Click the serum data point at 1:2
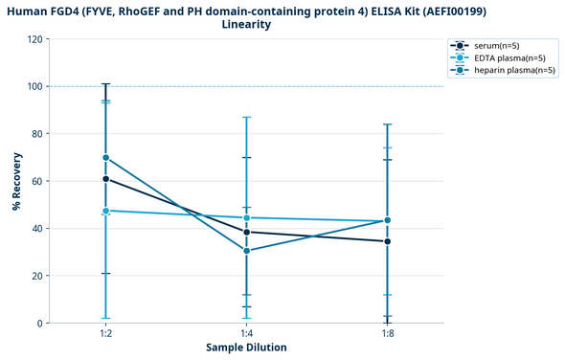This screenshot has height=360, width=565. pos(105,179)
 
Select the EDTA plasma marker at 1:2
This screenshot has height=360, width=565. pos(105,211)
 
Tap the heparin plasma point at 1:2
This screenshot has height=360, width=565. pos(105,158)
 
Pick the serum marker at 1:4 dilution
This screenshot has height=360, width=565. pos(246,232)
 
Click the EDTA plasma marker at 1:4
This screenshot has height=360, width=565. pos(246,217)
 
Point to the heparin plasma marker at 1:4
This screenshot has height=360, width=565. pos(246,251)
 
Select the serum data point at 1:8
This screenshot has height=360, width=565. pos(387,241)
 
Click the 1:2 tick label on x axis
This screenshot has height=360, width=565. pos(105,333)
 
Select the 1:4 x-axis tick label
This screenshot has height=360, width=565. pos(246,333)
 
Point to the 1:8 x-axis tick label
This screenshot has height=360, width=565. pos(387,333)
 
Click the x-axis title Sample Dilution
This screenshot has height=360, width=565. pos(246,348)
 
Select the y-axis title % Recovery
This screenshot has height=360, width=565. pos(16,181)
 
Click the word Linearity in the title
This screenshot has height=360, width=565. pos(245,24)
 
